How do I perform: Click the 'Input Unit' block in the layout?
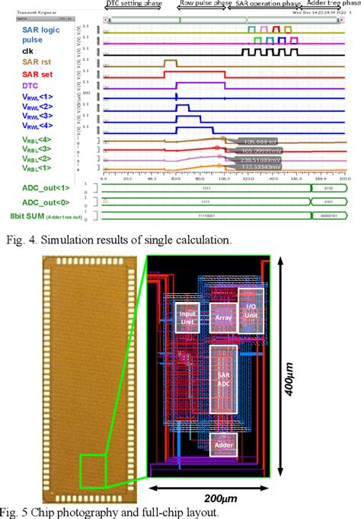(188, 316)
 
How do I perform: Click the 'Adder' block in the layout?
(223, 445)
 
